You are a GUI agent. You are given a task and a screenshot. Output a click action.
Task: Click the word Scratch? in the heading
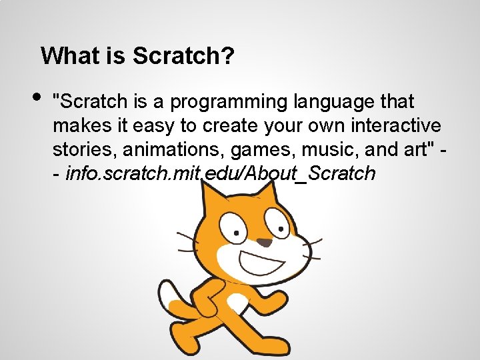pos(183,56)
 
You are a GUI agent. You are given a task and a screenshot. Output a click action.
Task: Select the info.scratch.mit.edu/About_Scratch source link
pos(220,173)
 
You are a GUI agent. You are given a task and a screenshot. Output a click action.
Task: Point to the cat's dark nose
pos(265,243)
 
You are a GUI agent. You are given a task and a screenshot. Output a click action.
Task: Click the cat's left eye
pos(235,227)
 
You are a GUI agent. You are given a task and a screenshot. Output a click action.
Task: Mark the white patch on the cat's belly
pos(237,303)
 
